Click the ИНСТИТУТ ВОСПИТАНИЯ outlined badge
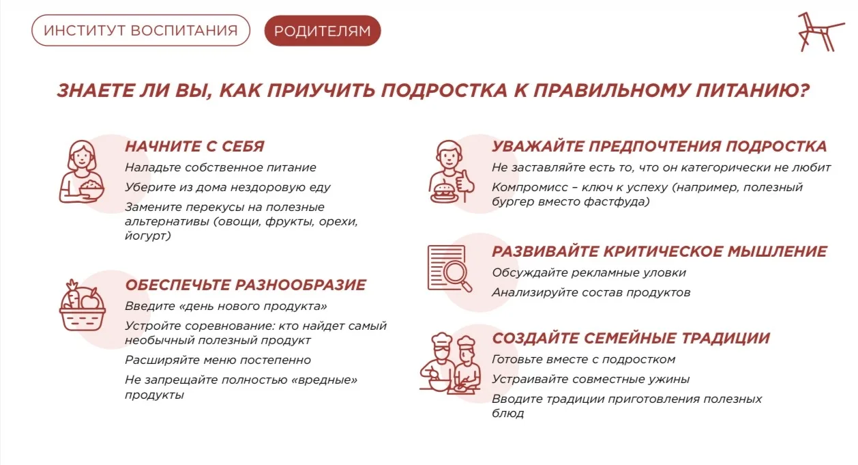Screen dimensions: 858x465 pyautogui.click(x=140, y=30)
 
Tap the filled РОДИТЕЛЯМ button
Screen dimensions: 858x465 pyautogui.click(x=323, y=31)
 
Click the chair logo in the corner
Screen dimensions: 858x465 pyautogui.click(x=819, y=32)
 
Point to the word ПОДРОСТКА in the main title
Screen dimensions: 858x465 pyautogui.click(x=444, y=90)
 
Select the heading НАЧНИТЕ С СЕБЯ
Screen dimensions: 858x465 pyautogui.click(x=194, y=146)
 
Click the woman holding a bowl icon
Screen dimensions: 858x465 pyautogui.click(x=82, y=171)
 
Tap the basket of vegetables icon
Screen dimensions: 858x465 pyautogui.click(x=83, y=305)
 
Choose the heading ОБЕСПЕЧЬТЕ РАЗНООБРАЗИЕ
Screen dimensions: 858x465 pyautogui.click(x=246, y=285)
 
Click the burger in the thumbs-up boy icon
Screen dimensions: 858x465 pyautogui.click(x=444, y=193)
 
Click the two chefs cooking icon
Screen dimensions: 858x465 pyautogui.click(x=450, y=363)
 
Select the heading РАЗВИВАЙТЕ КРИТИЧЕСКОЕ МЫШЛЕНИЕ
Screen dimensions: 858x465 pyautogui.click(x=660, y=251)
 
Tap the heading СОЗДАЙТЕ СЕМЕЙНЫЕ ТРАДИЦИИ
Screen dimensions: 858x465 pyautogui.click(x=631, y=338)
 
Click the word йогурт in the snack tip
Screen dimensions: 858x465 pyautogui.click(x=148, y=236)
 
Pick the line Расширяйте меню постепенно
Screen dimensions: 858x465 pyautogui.click(x=218, y=360)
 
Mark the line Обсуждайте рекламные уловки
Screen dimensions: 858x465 pyautogui.click(x=589, y=273)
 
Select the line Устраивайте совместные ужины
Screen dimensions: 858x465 pyautogui.click(x=591, y=379)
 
